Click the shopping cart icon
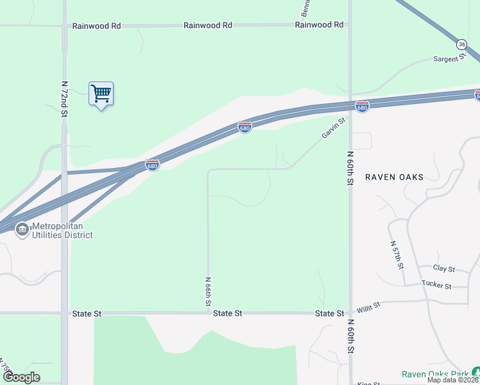[101, 94]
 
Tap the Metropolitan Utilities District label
[62, 230]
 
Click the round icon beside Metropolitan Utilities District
[22, 229]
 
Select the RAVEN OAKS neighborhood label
[394, 176]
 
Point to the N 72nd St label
[64, 98]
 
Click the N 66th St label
[208, 291]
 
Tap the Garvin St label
[334, 128]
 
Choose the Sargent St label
[449, 58]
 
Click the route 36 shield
[462, 44]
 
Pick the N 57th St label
[398, 254]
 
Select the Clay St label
[443, 269]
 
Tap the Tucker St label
[436, 285]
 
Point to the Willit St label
[369, 308]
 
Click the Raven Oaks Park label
[435, 374]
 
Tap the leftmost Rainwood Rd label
[97, 26]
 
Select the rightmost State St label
[330, 313]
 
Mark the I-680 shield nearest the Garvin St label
[362, 107]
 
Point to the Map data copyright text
[453, 380]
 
